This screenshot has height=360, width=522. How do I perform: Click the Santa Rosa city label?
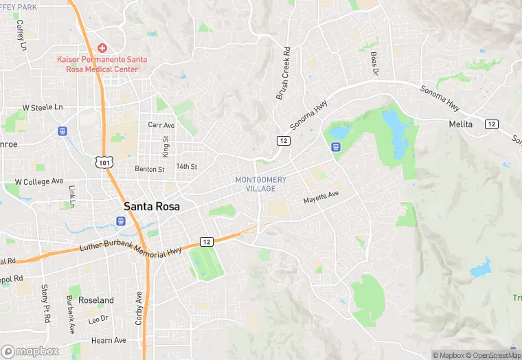click(152, 205)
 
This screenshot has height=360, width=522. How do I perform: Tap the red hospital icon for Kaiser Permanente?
click(102, 47)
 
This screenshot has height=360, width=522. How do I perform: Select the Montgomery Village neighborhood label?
click(260, 184)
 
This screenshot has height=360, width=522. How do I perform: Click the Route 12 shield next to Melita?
click(491, 124)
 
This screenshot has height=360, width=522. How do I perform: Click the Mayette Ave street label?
click(321, 196)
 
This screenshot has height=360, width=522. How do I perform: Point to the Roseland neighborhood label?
click(95, 300)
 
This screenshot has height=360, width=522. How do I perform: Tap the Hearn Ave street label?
click(109, 340)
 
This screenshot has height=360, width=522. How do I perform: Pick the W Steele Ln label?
click(43, 108)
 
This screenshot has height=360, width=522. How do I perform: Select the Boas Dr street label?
click(375, 63)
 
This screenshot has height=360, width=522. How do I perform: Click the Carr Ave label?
click(161, 125)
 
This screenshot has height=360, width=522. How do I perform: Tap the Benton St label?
click(150, 169)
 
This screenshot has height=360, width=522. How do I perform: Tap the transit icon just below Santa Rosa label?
click(121, 221)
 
